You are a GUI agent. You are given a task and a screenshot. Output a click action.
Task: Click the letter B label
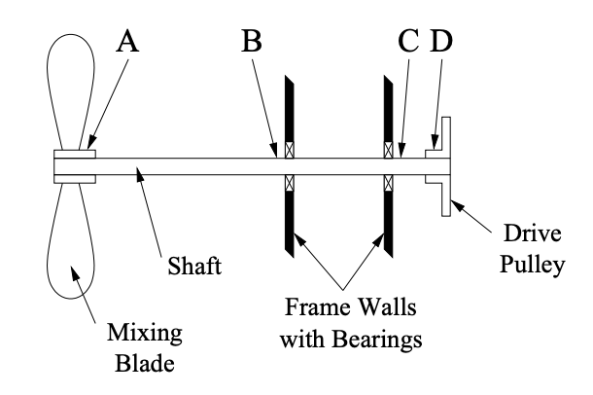(252, 40)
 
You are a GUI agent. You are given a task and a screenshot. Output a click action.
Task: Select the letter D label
(442, 40)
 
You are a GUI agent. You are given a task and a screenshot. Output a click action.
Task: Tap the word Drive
(531, 233)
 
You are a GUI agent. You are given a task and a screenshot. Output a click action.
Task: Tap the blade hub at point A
(74, 166)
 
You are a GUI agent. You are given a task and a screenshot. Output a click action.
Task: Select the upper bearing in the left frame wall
(289, 151)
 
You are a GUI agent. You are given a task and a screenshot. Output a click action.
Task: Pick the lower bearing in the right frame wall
(389, 183)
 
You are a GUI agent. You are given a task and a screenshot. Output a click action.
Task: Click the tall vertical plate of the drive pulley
(446, 166)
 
